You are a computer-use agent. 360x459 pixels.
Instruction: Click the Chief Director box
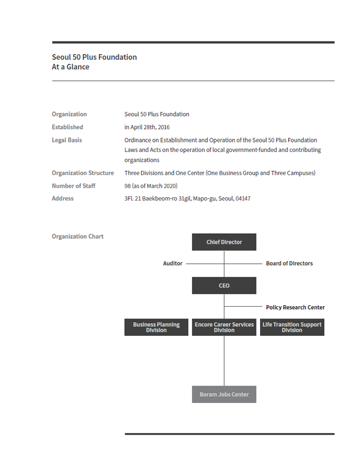point(224,242)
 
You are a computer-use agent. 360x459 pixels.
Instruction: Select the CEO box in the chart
point(224,285)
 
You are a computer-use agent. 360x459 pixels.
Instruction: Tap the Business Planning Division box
point(156,327)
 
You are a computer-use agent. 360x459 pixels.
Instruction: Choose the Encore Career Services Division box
point(224,327)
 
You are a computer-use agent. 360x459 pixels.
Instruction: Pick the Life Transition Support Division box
point(292,327)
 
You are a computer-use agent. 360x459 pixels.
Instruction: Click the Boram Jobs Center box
point(224,394)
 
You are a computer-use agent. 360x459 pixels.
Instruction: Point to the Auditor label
point(172,264)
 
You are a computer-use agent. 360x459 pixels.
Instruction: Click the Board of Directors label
point(289,264)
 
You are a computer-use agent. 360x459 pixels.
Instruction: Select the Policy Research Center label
point(295,307)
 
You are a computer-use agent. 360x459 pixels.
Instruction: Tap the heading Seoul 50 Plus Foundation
point(94,57)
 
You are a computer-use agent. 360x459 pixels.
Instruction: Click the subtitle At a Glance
point(70,67)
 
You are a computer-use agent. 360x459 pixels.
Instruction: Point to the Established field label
point(67,127)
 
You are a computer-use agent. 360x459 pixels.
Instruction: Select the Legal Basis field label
point(67,140)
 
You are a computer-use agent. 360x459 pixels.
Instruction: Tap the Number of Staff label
point(74,185)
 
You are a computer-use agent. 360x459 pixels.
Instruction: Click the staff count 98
point(128,185)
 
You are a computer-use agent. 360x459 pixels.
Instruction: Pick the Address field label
point(63,198)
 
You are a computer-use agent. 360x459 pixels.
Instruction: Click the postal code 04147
point(242,198)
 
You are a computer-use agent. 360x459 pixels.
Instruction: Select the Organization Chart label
point(78,236)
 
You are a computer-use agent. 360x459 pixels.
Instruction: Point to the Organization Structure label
point(83,173)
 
